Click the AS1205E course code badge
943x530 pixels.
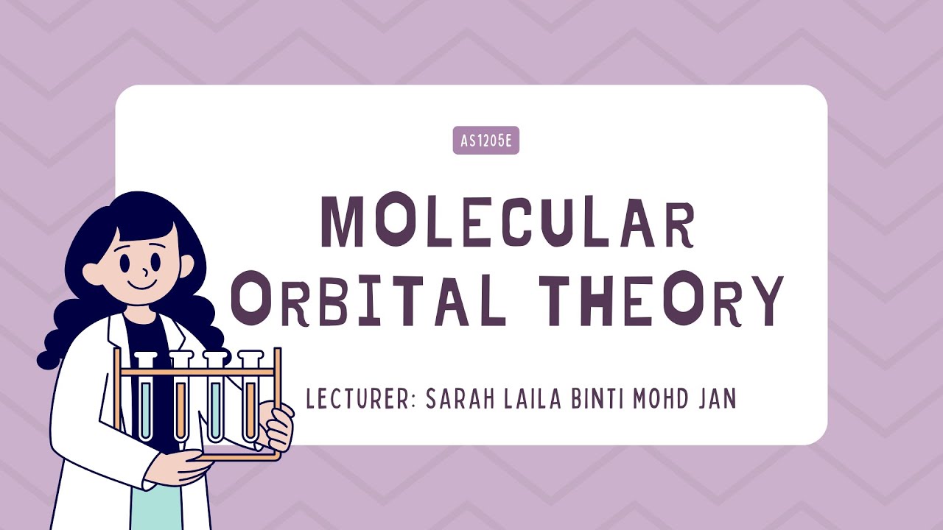tap(485, 141)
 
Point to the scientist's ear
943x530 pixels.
tap(93, 273)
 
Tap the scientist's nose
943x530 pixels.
tap(141, 266)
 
